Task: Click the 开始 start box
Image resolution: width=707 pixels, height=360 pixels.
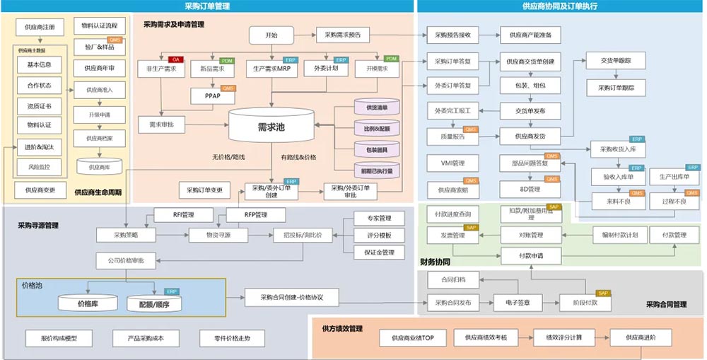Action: point(271,35)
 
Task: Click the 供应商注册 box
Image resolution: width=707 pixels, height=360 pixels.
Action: point(40,27)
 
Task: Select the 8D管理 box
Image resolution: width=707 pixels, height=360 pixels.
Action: point(530,189)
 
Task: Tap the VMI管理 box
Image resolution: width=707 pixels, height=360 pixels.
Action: point(452,163)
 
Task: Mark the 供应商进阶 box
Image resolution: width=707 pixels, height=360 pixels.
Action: point(641,338)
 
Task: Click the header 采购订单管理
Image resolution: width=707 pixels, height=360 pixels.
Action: point(207,6)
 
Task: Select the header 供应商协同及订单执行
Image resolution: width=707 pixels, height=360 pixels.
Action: point(560,6)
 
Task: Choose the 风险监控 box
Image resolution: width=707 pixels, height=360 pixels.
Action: point(39,167)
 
